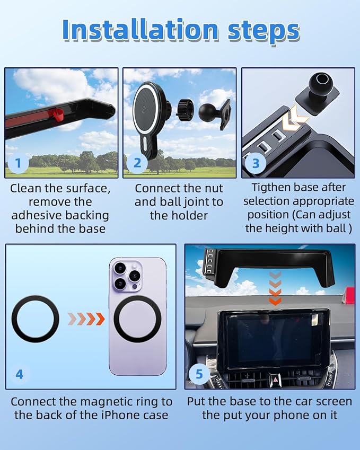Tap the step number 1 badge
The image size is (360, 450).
click(x=19, y=163)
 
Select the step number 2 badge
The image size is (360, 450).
click(x=137, y=163)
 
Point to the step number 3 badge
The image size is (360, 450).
click(x=256, y=163)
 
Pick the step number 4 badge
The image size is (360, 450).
click(x=20, y=374)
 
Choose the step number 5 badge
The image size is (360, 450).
click(x=199, y=374)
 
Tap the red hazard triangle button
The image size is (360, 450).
click(x=274, y=378)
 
